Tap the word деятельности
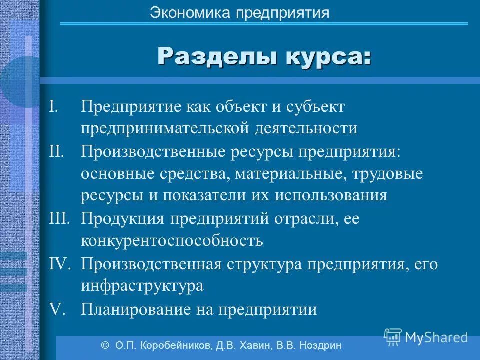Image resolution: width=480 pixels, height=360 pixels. [306, 128]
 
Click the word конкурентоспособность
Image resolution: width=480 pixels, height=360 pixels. [172, 241]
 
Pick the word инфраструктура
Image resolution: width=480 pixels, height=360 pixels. [142, 286]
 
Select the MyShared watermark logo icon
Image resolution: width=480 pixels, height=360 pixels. [393, 336]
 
